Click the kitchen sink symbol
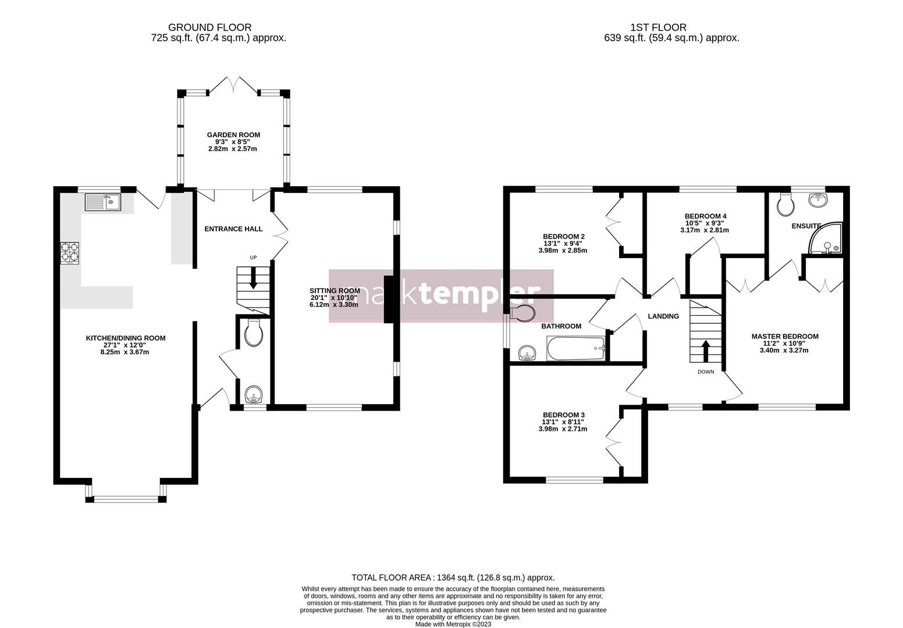pyautogui.click(x=102, y=202)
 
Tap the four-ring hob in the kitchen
pyautogui.click(x=70, y=253)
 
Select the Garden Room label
pyautogui.click(x=233, y=135)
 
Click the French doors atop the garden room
pyautogui.click(x=233, y=85)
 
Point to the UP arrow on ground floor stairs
pyautogui.click(x=253, y=279)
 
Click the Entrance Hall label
pyautogui.click(x=233, y=229)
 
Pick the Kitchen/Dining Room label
pyautogui.click(x=126, y=338)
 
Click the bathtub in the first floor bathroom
pyautogui.click(x=576, y=349)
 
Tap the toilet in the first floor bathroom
pyautogui.click(x=522, y=314)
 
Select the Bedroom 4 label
pyautogui.click(x=705, y=216)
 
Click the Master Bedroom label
pyautogui.click(x=785, y=336)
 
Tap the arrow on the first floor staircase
pyautogui.click(x=706, y=351)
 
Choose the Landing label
pyautogui.click(x=663, y=316)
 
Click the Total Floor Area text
pyautogui.click(x=453, y=577)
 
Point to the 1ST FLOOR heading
pyautogui.click(x=658, y=27)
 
